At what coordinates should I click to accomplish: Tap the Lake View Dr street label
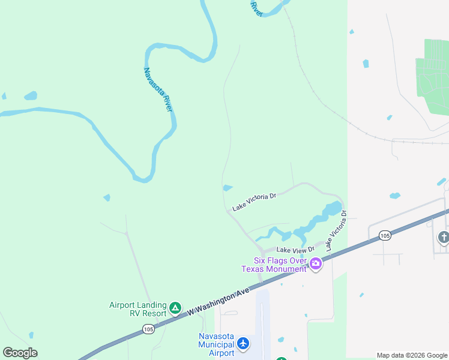coord(295,250)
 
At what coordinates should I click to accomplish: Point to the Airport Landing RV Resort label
coord(138,309)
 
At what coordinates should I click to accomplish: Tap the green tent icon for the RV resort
coord(175,308)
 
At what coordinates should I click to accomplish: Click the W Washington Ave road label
coord(217,302)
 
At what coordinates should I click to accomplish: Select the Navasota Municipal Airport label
coord(216,344)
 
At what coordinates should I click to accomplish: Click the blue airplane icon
coord(243,344)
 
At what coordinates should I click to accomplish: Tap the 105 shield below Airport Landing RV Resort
coord(148,329)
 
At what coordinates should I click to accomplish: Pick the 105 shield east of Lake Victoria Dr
coord(385,236)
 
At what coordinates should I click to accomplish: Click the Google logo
coord(20,353)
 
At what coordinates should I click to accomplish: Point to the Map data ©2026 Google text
coord(412,355)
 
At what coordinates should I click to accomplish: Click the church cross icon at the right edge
coord(444,237)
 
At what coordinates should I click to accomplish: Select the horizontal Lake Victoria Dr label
coord(254,202)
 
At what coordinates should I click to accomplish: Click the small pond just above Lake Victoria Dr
coord(228,188)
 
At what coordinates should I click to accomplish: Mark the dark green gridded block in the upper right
coord(433,75)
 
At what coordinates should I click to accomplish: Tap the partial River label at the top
coord(257,8)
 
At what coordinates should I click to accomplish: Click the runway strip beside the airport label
coord(263,324)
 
